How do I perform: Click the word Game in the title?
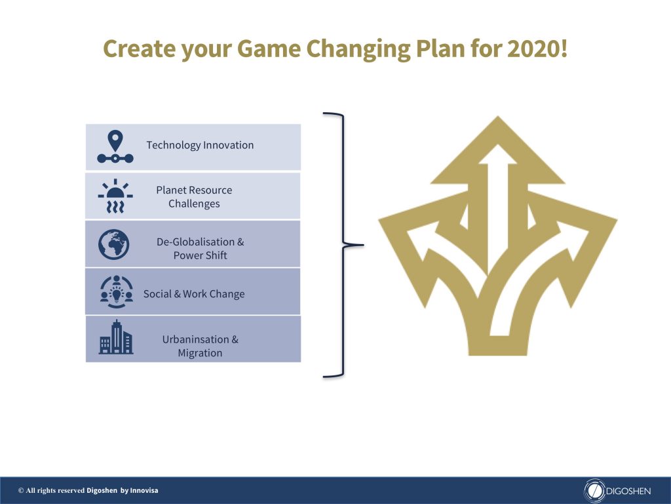click(269, 49)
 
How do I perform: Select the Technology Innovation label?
click(200, 145)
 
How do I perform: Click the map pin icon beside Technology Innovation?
click(115, 146)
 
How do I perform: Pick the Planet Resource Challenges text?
click(194, 197)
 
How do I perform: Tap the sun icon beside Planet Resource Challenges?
click(115, 196)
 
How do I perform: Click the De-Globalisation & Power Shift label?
click(201, 249)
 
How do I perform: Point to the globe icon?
click(113, 244)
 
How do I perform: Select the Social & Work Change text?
click(194, 294)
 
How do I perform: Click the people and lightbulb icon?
click(117, 292)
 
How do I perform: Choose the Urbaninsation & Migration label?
click(201, 346)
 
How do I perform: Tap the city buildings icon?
click(116, 337)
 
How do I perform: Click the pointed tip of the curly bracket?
click(363, 245)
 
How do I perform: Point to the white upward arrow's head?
click(497, 155)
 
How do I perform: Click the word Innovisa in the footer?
click(144, 491)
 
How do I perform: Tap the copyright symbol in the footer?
click(21, 491)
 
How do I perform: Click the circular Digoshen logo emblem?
click(594, 491)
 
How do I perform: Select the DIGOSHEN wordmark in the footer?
click(628, 491)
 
